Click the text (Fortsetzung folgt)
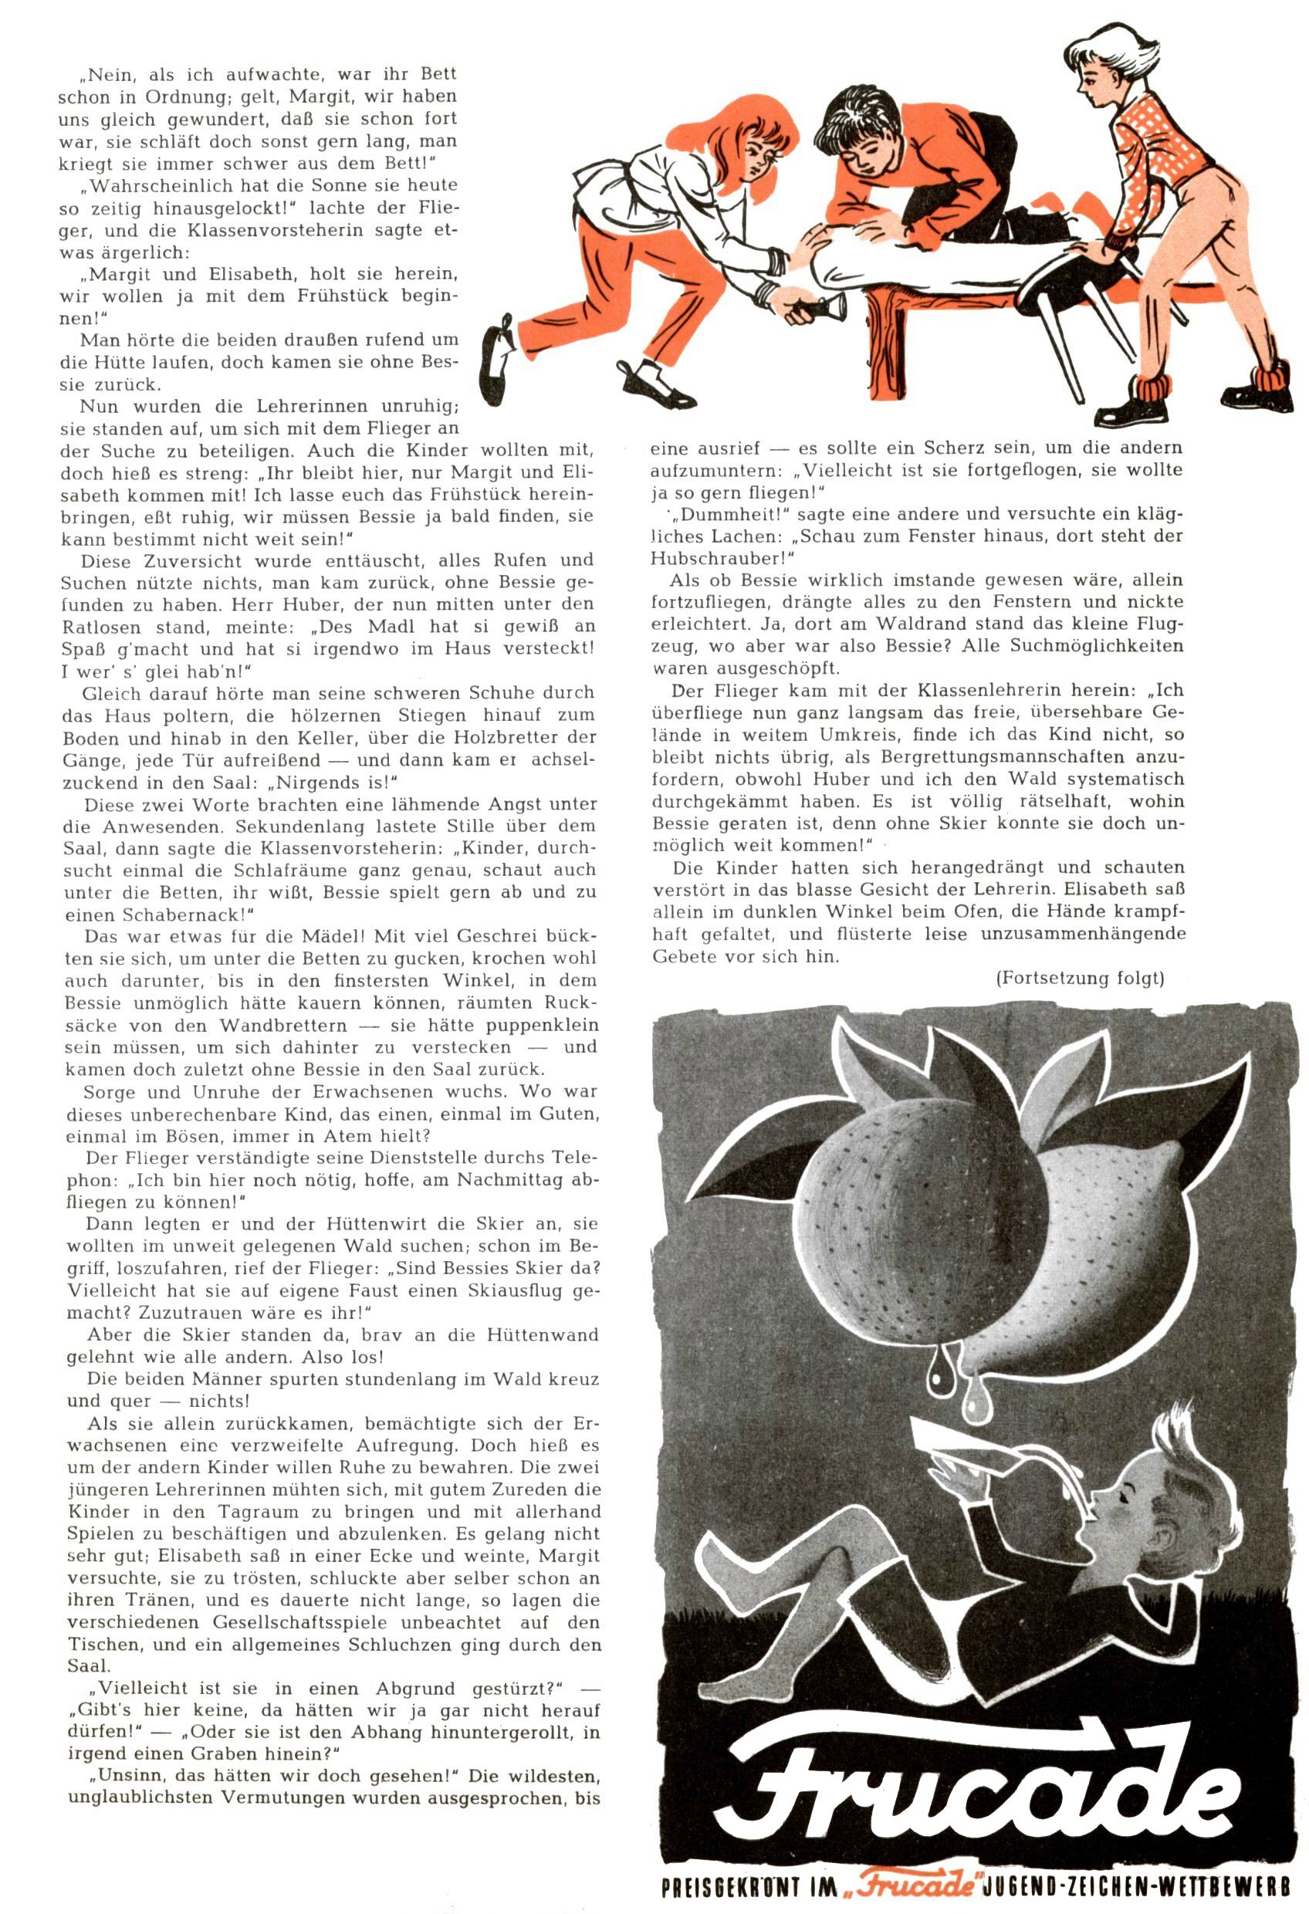coord(1079,979)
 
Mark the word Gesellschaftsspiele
coord(333,1622)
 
